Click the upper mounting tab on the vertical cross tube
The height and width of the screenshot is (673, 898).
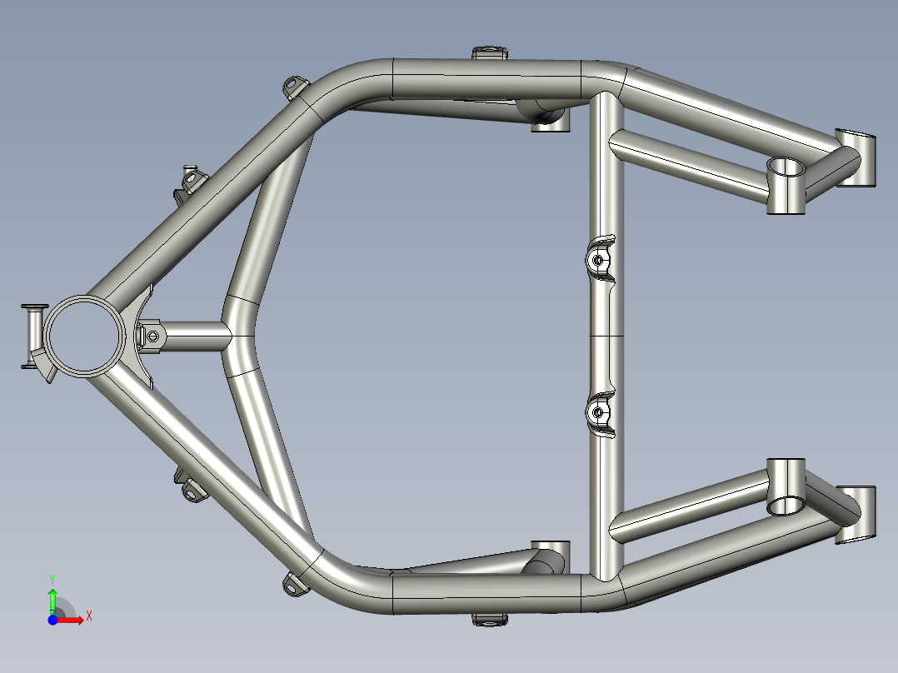[x=598, y=260]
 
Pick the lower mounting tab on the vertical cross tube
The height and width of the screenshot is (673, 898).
[x=598, y=411]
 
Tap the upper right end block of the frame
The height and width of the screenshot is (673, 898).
[x=858, y=158]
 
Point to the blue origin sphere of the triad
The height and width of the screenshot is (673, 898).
[x=52, y=620]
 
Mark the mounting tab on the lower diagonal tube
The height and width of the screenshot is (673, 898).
[x=191, y=491]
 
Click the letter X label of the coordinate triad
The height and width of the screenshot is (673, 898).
[x=88, y=616]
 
